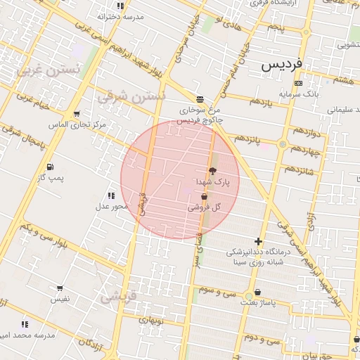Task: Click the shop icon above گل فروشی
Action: pos(204,198)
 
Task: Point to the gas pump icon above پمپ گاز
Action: pos(50,167)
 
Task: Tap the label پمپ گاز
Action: pos(51,178)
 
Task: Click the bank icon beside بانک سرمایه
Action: pos(299,83)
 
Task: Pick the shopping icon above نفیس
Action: pos(60,288)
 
